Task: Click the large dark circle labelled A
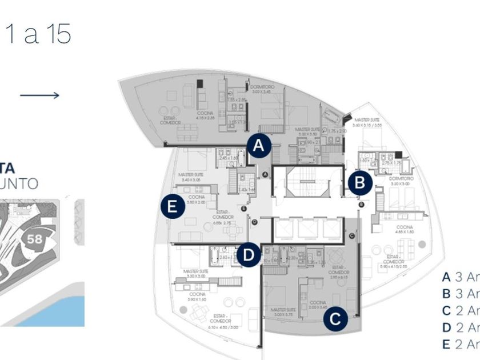point(259,146)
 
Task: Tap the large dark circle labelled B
point(360,183)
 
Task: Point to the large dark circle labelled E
point(173,206)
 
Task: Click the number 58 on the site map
point(34,239)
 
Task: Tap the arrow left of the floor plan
point(39,95)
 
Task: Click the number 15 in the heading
point(57,35)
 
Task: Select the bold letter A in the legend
point(446,277)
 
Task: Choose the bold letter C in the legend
point(446,311)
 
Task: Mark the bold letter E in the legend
point(446,344)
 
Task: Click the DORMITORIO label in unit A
point(262,87)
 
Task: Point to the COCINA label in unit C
point(318,301)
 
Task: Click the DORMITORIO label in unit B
point(401,178)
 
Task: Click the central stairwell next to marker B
point(307,182)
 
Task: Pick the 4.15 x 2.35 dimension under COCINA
point(205,118)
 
